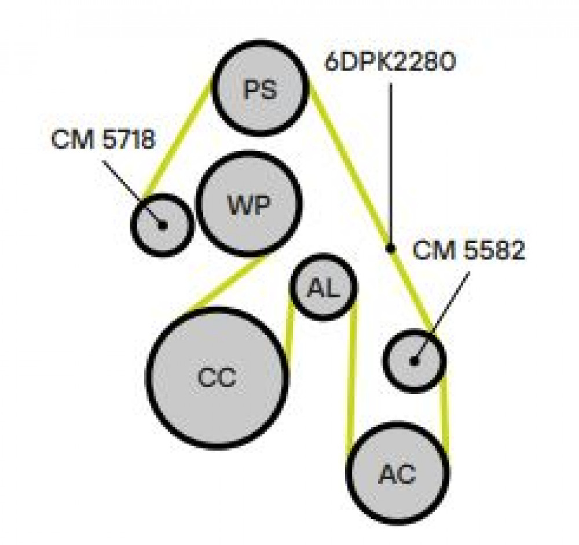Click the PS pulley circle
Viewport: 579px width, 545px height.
click(x=261, y=88)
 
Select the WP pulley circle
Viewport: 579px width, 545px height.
click(x=249, y=204)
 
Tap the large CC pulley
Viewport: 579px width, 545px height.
click(x=218, y=377)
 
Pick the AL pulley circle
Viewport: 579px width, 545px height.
click(x=324, y=287)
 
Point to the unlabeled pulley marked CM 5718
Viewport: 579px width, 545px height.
click(x=162, y=224)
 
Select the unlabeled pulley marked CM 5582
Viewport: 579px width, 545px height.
click(x=414, y=360)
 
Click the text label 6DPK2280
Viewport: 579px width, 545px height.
click(x=390, y=62)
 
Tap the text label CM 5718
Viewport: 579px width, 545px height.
click(x=104, y=139)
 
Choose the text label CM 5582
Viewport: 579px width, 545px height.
click(x=468, y=250)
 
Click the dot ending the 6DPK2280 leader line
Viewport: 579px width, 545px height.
click(x=390, y=248)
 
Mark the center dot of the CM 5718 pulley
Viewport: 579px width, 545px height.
click(x=162, y=224)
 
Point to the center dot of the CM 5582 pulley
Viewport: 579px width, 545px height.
click(x=414, y=361)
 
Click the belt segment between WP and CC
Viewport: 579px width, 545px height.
click(x=225, y=282)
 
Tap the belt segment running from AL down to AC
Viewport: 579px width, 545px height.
click(x=352, y=378)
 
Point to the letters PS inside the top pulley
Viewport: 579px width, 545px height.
click(x=261, y=90)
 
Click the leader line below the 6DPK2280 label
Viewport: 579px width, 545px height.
click(x=390, y=164)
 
